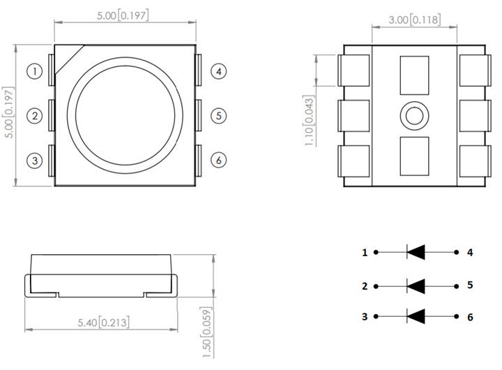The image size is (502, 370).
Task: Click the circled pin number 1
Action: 34,71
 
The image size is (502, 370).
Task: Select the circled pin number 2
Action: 34,115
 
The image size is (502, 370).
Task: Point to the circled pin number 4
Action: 218,71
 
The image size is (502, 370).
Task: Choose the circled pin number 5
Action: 218,115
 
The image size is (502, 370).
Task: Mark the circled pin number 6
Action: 218,160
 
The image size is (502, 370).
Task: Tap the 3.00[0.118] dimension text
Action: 414,20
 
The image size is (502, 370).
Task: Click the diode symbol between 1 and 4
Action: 416,252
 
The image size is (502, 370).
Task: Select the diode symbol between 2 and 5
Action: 416,286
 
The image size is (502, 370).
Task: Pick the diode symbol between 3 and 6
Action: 416,316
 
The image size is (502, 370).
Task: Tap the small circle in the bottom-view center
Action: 413,116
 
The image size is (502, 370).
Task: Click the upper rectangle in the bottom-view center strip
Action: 413,75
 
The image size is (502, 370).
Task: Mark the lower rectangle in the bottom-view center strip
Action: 413,156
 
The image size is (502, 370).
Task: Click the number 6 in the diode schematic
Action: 470,317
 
